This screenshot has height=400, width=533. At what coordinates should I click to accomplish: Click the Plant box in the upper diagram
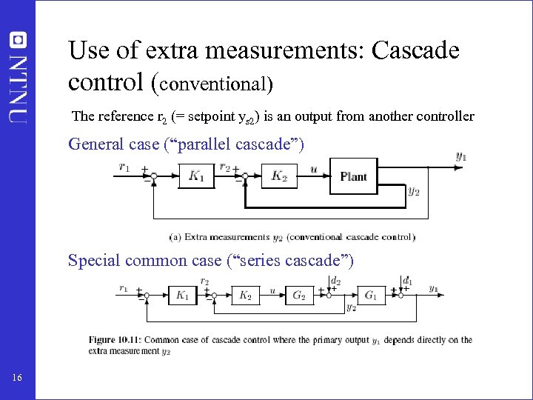[353, 176]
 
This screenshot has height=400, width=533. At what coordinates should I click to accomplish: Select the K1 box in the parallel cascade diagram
[196, 176]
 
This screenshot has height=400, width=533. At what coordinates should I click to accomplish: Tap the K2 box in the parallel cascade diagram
[280, 176]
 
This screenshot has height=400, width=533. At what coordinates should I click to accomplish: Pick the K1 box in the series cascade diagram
[182, 295]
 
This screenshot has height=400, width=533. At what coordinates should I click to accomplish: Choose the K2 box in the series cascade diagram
[245, 295]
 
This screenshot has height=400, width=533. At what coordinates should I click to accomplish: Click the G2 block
[300, 295]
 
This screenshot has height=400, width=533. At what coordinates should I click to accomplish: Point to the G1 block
[372, 295]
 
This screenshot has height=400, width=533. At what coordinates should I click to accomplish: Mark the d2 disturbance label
[336, 281]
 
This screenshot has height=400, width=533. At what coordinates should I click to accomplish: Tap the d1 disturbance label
[407, 281]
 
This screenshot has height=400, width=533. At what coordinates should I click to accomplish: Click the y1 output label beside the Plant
[461, 156]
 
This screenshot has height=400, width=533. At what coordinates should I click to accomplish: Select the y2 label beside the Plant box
[415, 191]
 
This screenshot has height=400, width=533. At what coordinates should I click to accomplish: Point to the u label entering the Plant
[314, 169]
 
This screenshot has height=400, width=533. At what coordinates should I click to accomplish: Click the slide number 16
[18, 379]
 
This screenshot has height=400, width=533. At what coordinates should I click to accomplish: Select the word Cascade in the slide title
[415, 50]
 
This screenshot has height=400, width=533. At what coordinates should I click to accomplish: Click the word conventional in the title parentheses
[214, 84]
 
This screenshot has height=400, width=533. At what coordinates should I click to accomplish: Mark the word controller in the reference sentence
[446, 116]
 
